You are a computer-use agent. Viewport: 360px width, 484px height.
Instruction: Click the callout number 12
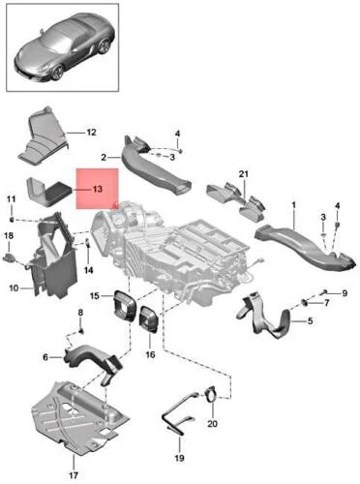point(91,133)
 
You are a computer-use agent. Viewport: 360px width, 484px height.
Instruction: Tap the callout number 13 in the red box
point(97,189)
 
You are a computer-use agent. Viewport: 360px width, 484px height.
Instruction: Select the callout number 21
point(244,174)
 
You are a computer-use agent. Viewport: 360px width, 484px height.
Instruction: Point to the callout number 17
point(74,475)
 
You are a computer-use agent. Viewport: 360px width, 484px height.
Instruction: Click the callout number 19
point(179,458)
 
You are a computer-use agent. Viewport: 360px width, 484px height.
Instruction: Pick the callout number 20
point(212,423)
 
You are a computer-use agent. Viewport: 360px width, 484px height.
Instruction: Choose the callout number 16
point(150,354)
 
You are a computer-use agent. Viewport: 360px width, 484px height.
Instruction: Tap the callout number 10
point(14,287)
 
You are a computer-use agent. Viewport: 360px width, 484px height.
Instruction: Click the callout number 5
point(310,321)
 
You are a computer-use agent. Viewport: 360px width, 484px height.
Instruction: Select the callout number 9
point(345,293)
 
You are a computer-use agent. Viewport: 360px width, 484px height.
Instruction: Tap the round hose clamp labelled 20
point(210,393)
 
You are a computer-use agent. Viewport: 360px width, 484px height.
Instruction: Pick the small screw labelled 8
point(81,331)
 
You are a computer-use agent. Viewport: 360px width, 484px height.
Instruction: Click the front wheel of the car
point(58,73)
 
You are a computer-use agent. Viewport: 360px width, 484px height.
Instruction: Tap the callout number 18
point(9,236)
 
